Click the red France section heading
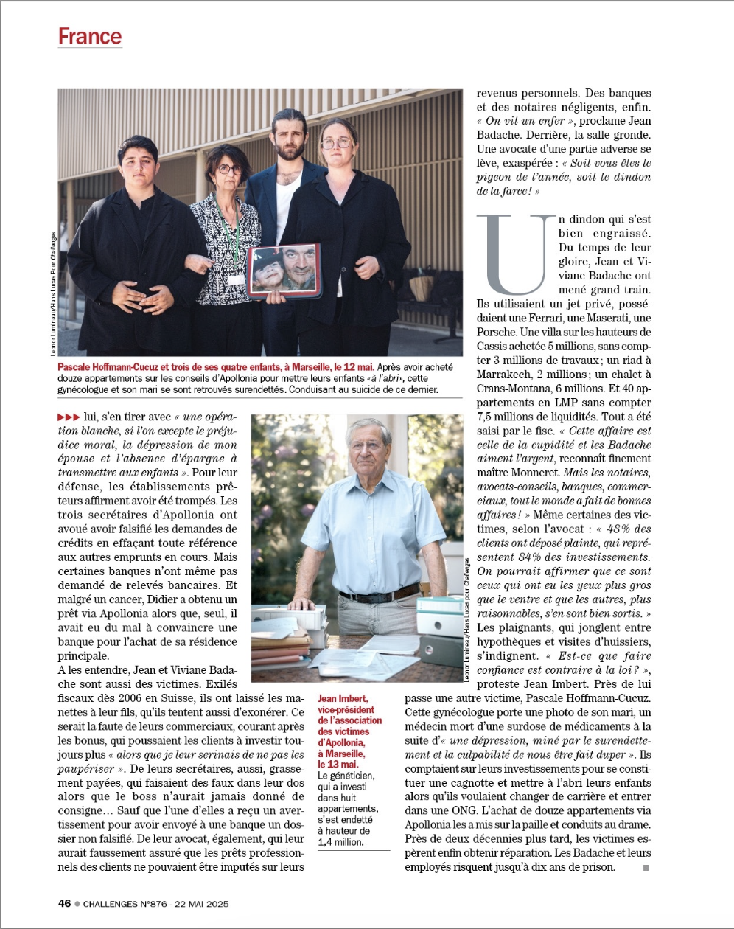click(90, 36)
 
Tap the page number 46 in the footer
click(65, 902)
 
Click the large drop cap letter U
click(516, 254)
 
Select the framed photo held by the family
click(284, 271)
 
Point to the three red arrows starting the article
click(69, 417)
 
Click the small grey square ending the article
click(646, 868)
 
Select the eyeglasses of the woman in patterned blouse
click(229, 170)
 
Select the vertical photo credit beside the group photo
click(53, 295)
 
